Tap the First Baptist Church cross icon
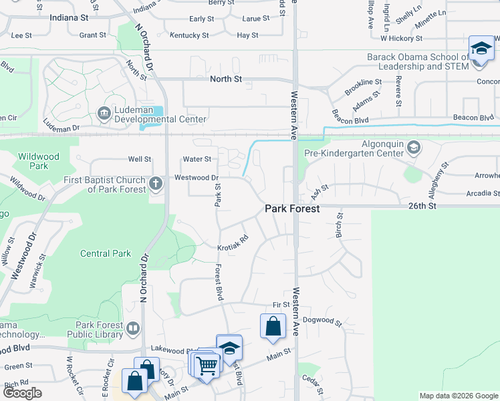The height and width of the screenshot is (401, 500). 155,182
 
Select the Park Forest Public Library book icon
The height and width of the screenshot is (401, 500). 133,328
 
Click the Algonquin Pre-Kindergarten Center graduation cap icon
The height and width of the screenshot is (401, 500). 413,147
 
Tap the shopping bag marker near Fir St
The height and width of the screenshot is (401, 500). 273,327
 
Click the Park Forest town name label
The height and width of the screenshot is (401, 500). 292,209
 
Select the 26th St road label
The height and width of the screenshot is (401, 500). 422,207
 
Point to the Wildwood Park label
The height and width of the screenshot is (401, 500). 39,161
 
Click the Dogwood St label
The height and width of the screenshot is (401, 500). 322,321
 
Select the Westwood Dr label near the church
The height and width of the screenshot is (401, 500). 197,178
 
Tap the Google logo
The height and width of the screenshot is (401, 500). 22,393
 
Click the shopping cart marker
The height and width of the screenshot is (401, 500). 207,365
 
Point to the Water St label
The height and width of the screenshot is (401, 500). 197,159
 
